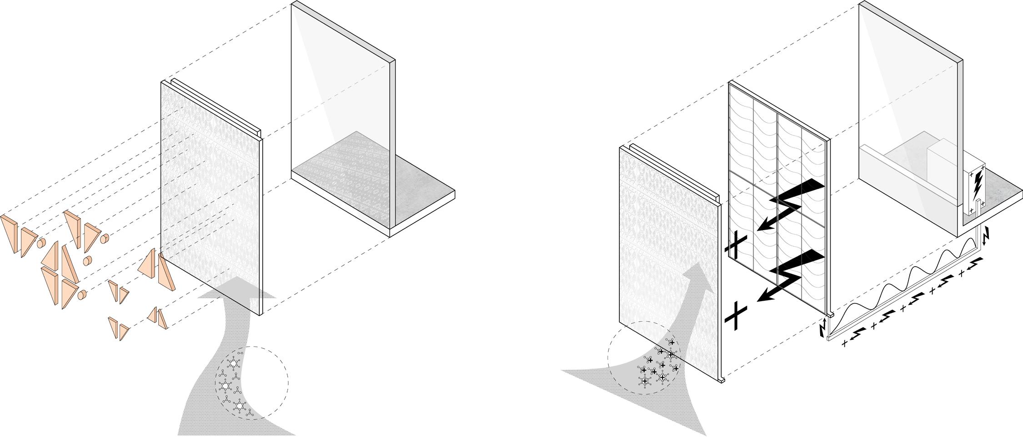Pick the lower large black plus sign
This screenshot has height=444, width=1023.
[736, 315]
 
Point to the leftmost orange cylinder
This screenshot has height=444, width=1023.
[41, 242]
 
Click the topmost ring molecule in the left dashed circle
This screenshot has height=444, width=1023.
[234, 363]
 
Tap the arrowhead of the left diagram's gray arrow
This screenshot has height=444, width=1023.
[237, 287]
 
